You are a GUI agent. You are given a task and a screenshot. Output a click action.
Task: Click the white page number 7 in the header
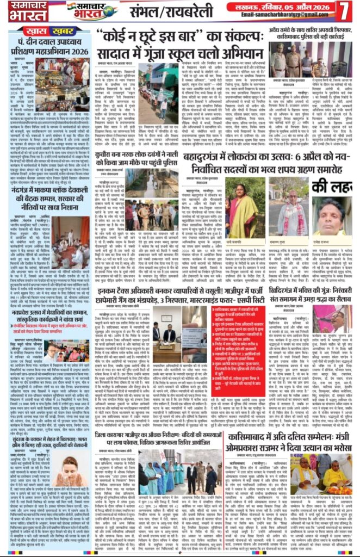tap(345, 10)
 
